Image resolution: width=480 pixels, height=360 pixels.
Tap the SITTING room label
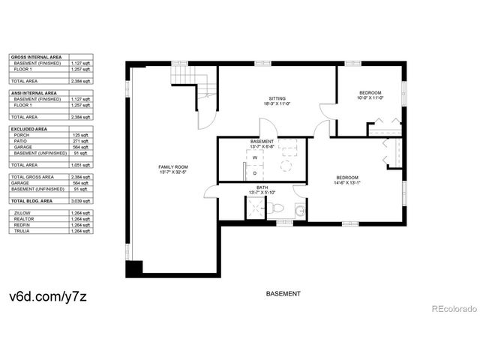[x=277, y=98]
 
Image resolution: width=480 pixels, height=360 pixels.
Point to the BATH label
[x=262, y=187]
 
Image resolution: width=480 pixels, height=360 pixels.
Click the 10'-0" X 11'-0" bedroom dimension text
[x=370, y=97]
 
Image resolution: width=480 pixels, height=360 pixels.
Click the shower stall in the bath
[x=255, y=208]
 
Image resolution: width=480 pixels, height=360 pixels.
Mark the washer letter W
[x=254, y=158]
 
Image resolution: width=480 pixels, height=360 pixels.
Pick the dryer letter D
[x=254, y=172]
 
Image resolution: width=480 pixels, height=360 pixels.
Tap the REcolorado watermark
[x=452, y=308]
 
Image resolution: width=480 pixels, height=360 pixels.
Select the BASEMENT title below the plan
[x=283, y=293]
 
